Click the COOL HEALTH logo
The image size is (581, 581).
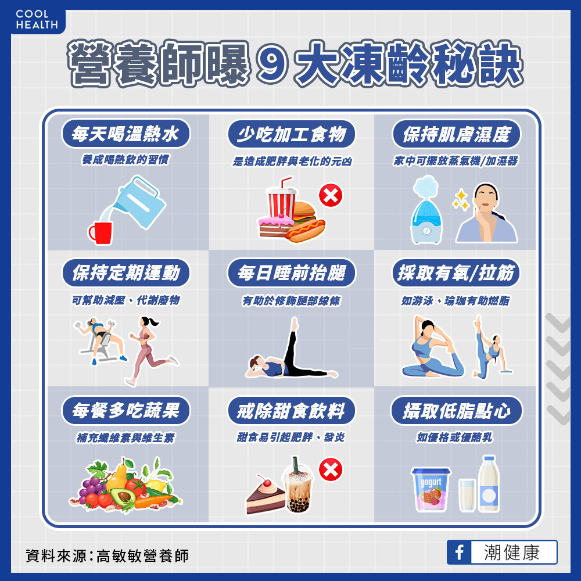pos(37,20)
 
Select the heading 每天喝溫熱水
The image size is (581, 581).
pos(125,134)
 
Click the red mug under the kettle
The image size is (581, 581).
pos(100,233)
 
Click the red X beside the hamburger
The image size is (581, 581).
pos(331,196)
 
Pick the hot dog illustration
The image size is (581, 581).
pos(305,230)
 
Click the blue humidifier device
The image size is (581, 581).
pos(426,211)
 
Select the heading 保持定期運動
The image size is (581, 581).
pos(126,272)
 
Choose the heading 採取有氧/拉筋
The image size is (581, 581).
pos(456,273)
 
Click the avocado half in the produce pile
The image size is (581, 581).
pos(123,496)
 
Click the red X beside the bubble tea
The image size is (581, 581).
pos(331,470)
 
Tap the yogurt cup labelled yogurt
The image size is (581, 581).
pos(431,489)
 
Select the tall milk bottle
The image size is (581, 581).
pos(489,484)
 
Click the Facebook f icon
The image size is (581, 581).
pos(459,552)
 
